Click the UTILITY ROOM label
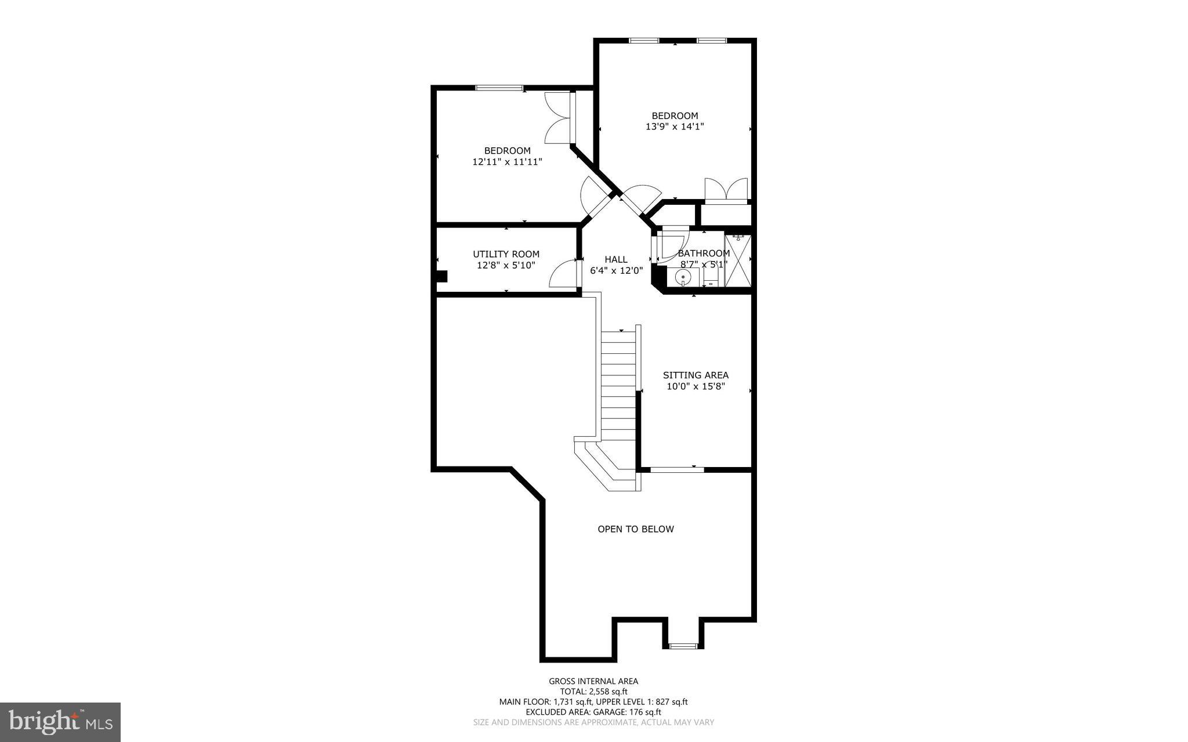506,254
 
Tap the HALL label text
616,259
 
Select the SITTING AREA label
696,375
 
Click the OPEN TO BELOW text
636,529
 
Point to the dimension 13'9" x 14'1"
675,126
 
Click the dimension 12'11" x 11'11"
507,162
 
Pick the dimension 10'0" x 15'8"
696,386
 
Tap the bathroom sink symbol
684,278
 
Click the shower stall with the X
737,260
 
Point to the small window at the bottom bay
683,646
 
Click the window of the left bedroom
499,88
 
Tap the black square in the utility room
441,276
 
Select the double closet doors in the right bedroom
726,190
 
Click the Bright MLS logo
60,722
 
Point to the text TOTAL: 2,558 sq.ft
593,692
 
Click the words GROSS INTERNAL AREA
593,681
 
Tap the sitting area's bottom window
676,469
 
